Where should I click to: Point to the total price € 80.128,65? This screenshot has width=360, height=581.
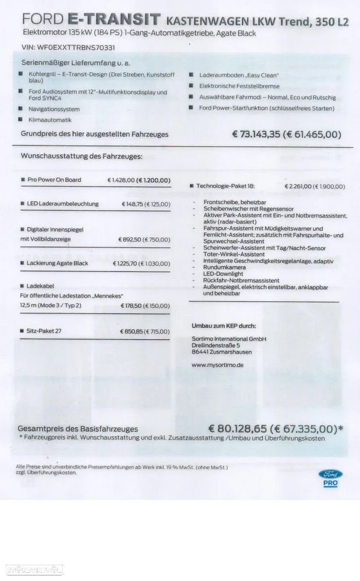click(x=238, y=429)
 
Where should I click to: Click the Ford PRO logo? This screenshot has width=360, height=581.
click(x=331, y=476)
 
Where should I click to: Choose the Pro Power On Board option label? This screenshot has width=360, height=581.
click(x=54, y=180)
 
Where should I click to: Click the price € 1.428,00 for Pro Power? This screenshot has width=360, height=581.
click(x=120, y=180)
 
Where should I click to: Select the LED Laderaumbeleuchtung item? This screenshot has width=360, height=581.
click(x=63, y=204)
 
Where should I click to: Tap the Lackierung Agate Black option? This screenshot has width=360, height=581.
click(x=57, y=263)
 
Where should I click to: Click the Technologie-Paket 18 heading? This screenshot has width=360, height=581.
click(x=225, y=186)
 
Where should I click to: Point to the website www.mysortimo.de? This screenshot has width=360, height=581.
click(x=217, y=365)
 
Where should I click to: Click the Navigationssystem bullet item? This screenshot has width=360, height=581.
click(x=54, y=109)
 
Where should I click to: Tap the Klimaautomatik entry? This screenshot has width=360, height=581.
click(x=49, y=119)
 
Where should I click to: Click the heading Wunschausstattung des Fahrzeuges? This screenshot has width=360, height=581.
click(x=81, y=156)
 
